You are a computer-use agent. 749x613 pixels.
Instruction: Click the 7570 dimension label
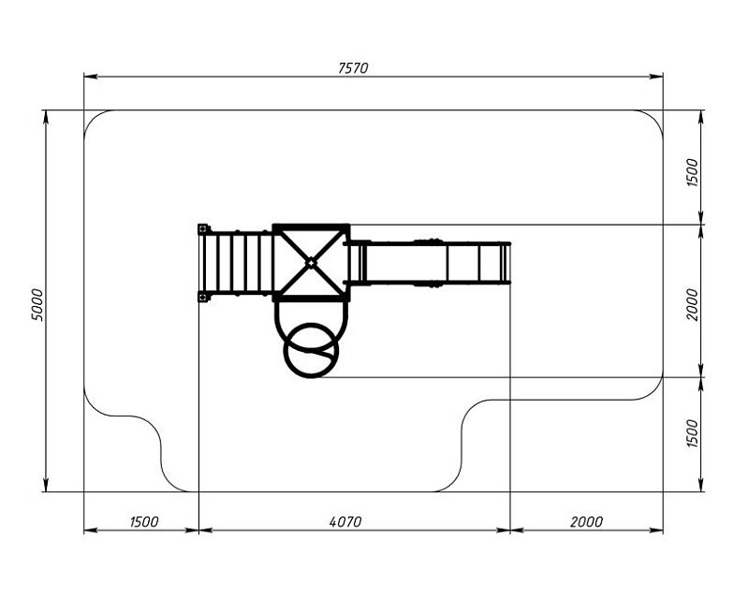pos(353,68)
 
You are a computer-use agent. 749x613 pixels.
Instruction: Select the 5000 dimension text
pos(37,304)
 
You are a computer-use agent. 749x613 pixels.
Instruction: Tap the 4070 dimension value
pos(345,522)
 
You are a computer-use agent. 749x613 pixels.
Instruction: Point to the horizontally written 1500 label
pos(144,522)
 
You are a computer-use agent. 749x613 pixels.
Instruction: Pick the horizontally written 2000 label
pos(586,522)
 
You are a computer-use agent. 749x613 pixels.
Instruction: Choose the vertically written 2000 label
pos(692,304)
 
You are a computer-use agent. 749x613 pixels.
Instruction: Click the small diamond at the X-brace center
pos(311,263)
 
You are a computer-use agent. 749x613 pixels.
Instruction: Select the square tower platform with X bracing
pos(311,263)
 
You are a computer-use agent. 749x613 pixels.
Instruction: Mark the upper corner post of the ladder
pos(203,229)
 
